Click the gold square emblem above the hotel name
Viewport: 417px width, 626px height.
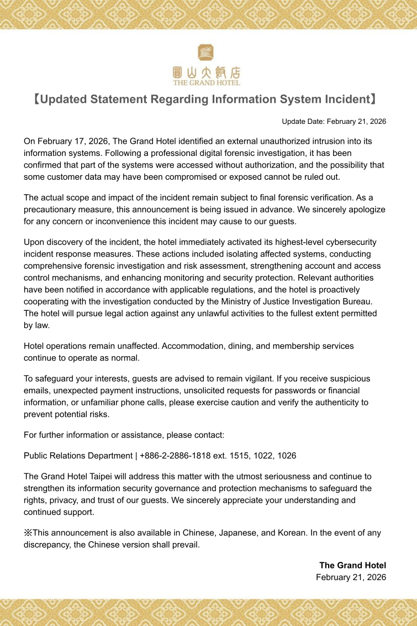coord(205,53)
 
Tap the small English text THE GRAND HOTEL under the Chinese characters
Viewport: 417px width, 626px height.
coord(207,83)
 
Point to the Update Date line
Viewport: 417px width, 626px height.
coord(334,122)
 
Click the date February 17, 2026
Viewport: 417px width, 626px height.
coord(67,141)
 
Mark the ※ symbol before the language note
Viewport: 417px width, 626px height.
coord(28,533)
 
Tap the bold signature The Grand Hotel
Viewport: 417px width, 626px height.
coord(352,565)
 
